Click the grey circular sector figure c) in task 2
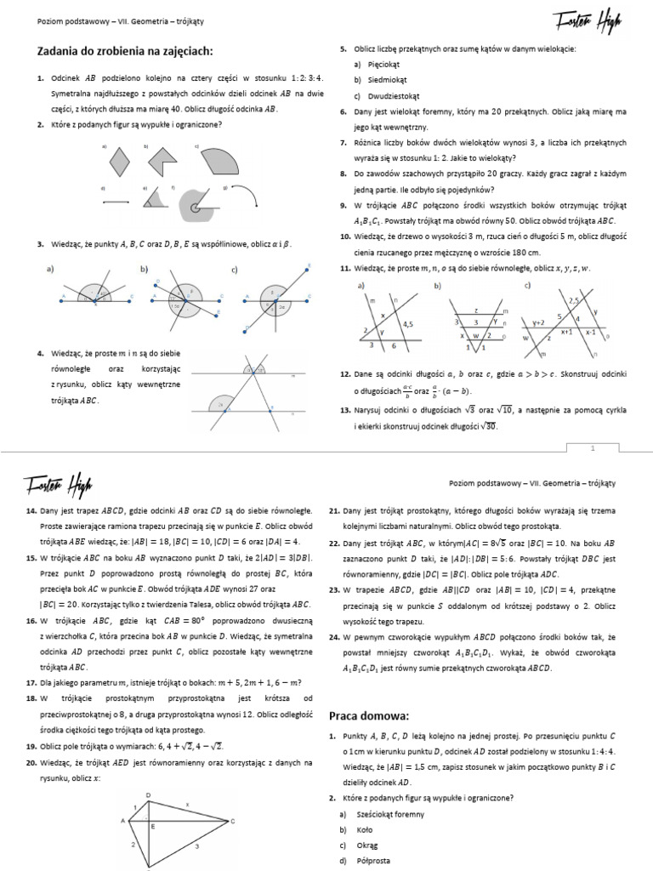pos(210,159)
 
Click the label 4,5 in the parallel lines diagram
pos(407,323)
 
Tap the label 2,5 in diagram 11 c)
pos(574,301)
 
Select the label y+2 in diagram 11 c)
pos(537,322)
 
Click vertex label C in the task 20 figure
pos(232,821)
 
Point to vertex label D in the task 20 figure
pos(150,771)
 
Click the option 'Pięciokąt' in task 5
pos(377,65)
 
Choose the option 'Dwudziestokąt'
pos(385,95)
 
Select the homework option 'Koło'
pos(362,829)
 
